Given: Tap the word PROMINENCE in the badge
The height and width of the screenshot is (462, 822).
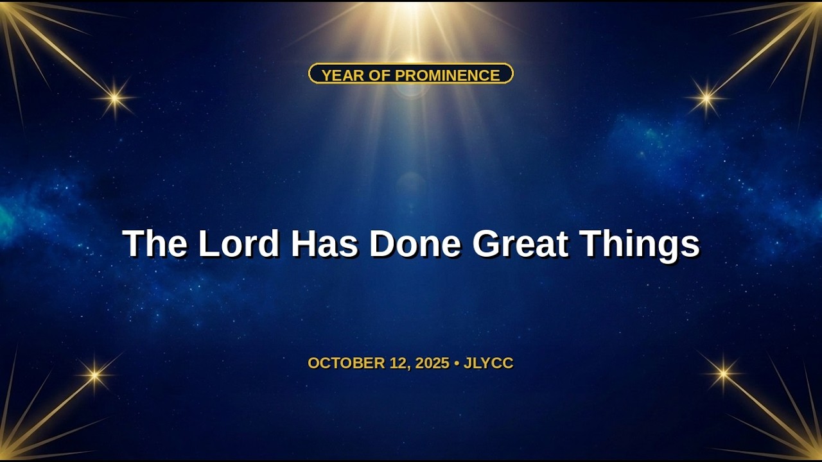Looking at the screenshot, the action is [x=448, y=76].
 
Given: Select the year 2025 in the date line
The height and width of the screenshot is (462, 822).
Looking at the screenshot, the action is [x=432, y=363].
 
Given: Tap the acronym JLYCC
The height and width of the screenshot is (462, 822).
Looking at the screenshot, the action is [x=489, y=363].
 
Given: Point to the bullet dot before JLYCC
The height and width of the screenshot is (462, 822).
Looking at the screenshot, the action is [x=457, y=363].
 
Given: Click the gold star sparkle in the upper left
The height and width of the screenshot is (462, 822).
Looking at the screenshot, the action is [x=115, y=98].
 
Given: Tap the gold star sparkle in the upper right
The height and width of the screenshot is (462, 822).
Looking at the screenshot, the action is [x=706, y=98].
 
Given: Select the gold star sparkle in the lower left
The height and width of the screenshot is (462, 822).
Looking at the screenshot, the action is [x=94, y=374].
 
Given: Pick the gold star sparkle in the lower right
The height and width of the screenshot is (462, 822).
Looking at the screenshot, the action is [x=723, y=373].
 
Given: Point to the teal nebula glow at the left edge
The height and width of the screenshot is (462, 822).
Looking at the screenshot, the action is [x=6, y=222].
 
